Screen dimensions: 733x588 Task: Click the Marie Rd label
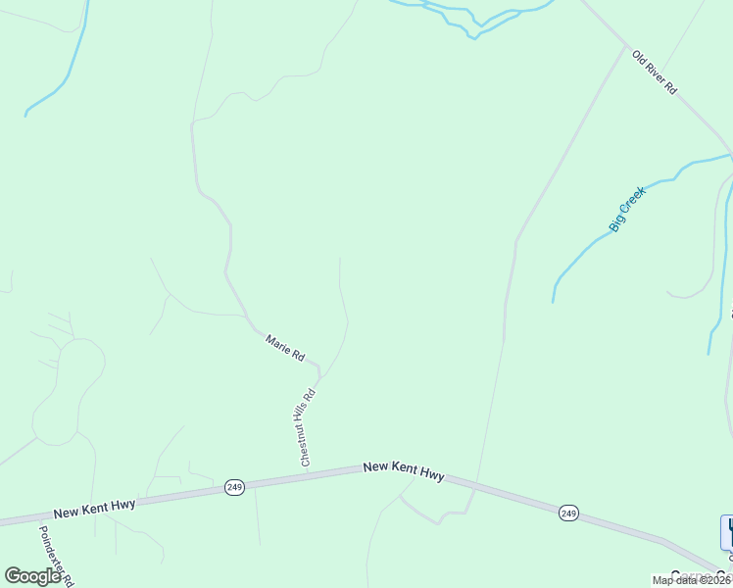[x=285, y=347]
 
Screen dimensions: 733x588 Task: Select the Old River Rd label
[x=654, y=73]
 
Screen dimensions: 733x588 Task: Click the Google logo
[x=32, y=576]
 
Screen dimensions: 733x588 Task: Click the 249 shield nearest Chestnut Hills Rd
[x=234, y=487]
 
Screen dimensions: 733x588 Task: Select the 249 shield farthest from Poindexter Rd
[x=569, y=513]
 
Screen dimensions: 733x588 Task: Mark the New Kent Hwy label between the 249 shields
[x=404, y=470]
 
